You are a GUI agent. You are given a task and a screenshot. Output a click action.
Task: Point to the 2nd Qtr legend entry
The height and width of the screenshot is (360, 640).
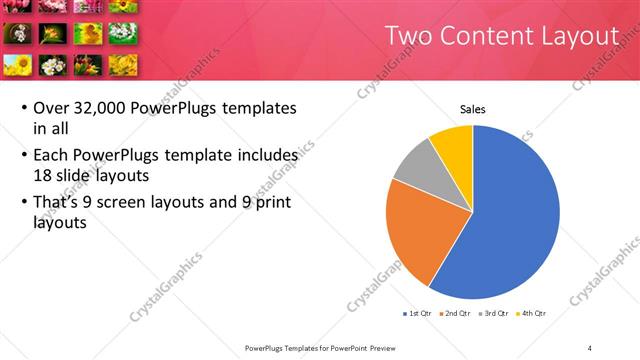(457, 313)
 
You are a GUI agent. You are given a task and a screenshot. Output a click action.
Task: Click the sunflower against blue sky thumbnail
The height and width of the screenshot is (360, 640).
(17, 66)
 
